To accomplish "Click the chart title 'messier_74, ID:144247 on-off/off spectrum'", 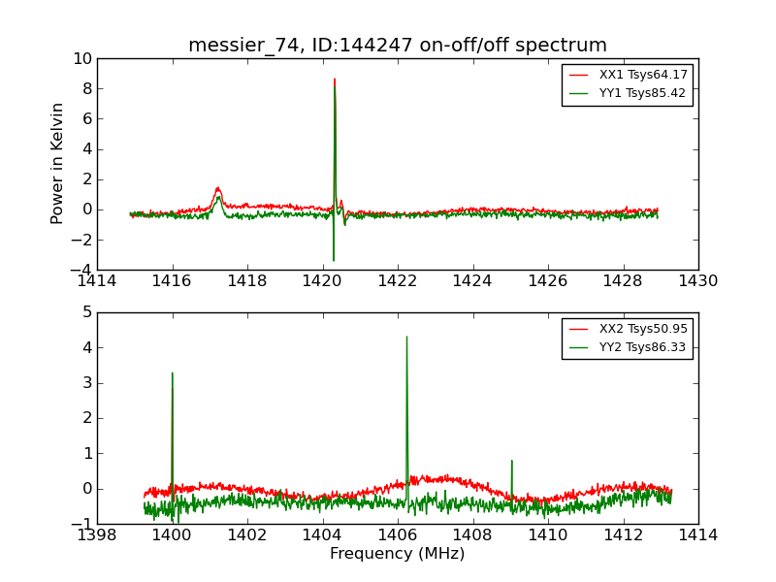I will pos(398,46).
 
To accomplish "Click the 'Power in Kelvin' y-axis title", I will pos(58,163).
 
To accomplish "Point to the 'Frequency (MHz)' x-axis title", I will pos(398,554).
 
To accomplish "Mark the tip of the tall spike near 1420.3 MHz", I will pos(335,81).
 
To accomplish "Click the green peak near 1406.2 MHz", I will pos(406,339).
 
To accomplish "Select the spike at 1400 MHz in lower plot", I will pos(173,374).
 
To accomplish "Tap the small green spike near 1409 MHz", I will pos(511,462).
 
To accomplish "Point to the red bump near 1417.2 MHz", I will pos(217,189).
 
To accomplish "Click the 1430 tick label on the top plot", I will pos(698,281).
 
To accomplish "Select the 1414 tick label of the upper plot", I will pos(97,281).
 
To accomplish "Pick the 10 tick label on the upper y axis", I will pos(81,59).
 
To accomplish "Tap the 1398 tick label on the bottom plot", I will pos(97,535).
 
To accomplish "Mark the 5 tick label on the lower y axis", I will pos(86,312).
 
